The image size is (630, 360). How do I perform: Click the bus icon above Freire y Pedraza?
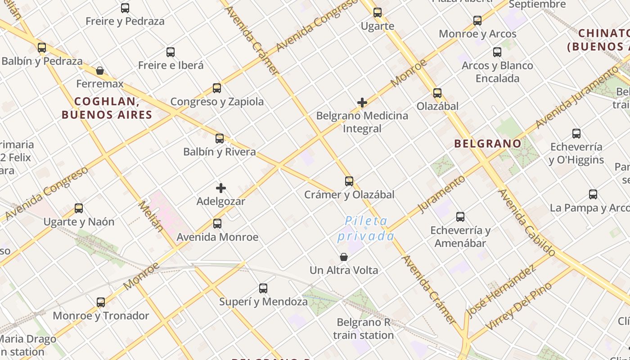tap(125, 8)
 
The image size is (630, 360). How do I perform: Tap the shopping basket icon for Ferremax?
tap(100, 71)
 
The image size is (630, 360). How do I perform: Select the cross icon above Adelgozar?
tap(220, 188)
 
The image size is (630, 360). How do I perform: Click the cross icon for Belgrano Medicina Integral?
tap(362, 103)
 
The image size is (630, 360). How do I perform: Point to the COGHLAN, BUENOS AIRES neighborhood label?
tap(107, 108)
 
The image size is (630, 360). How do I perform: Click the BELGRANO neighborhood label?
tap(488, 144)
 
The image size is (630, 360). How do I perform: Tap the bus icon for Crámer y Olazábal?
tap(349, 181)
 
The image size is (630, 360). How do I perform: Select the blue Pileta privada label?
tap(366, 229)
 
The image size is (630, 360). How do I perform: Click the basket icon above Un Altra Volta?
tap(344, 257)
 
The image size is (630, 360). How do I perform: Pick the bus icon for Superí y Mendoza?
tap(263, 288)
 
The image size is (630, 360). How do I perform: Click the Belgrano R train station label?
tap(364, 329)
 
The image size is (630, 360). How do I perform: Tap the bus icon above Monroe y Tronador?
tap(101, 302)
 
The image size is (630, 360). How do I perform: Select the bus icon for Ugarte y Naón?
tap(79, 208)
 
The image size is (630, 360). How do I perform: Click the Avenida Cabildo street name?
tap(527, 223)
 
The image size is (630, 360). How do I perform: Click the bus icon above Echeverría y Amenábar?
tap(460, 217)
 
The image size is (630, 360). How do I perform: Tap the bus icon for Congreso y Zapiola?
tap(217, 88)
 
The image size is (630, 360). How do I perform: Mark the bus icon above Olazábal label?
tap(437, 93)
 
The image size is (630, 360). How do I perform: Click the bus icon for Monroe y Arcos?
tap(477, 21)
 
